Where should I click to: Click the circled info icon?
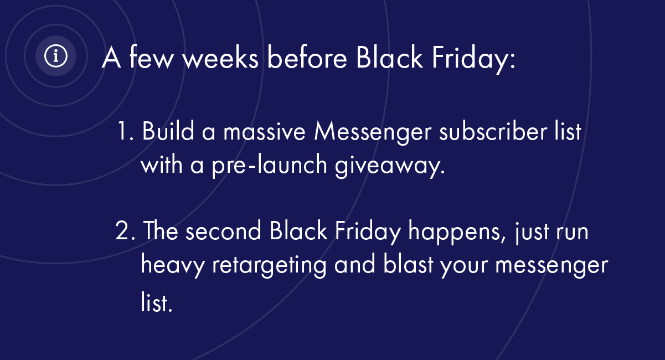pos(56,56)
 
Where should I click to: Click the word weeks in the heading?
pos(220,58)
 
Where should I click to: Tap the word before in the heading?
pos(307,58)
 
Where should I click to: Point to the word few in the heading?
pos(151,56)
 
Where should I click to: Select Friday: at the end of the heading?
pos(474,59)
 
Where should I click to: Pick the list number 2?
pos(125,230)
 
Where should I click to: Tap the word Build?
pos(168,130)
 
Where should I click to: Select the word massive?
pos(264,131)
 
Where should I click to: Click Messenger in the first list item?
pos(373,133)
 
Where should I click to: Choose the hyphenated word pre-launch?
pos(269,166)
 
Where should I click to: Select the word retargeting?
pos(269,265)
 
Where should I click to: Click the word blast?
pos(408,264)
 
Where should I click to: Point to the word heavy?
pos(173,265)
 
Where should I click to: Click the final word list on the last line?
pos(157,301)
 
